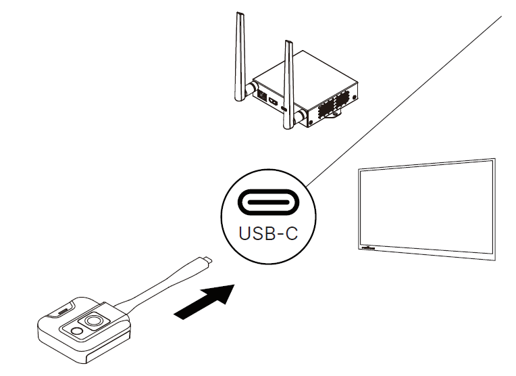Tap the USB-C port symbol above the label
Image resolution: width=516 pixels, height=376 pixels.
coord(268,202)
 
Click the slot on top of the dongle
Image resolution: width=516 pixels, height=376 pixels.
coord(63,312)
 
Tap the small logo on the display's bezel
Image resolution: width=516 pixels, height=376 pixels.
coord(369,249)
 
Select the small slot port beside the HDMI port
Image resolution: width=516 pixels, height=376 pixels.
coord(284,109)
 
